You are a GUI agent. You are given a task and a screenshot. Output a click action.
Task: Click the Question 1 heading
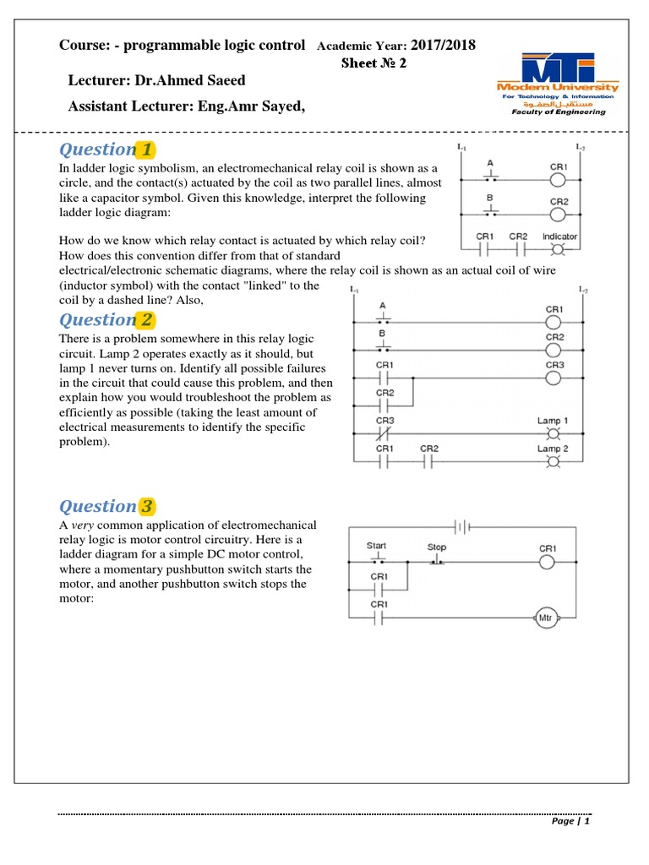point(106,150)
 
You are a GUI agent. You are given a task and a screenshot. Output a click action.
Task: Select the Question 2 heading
point(106,319)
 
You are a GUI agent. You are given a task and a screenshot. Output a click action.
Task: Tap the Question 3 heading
point(106,506)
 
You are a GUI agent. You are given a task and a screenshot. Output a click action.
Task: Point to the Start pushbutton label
point(377,546)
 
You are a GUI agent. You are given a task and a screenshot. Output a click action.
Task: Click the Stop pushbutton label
point(436,547)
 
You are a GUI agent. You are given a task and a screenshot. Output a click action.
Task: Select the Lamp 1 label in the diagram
point(553,421)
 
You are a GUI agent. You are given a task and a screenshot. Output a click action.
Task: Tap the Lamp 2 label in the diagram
point(553,449)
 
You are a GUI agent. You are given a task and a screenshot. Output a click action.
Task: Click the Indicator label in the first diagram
point(559,237)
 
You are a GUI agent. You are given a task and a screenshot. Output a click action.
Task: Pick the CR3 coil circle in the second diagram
point(554,378)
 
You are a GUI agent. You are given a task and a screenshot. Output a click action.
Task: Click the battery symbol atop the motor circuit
point(461,527)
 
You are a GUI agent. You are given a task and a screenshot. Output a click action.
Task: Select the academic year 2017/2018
point(443,45)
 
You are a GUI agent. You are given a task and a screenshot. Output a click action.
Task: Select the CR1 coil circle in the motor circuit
point(548,562)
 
